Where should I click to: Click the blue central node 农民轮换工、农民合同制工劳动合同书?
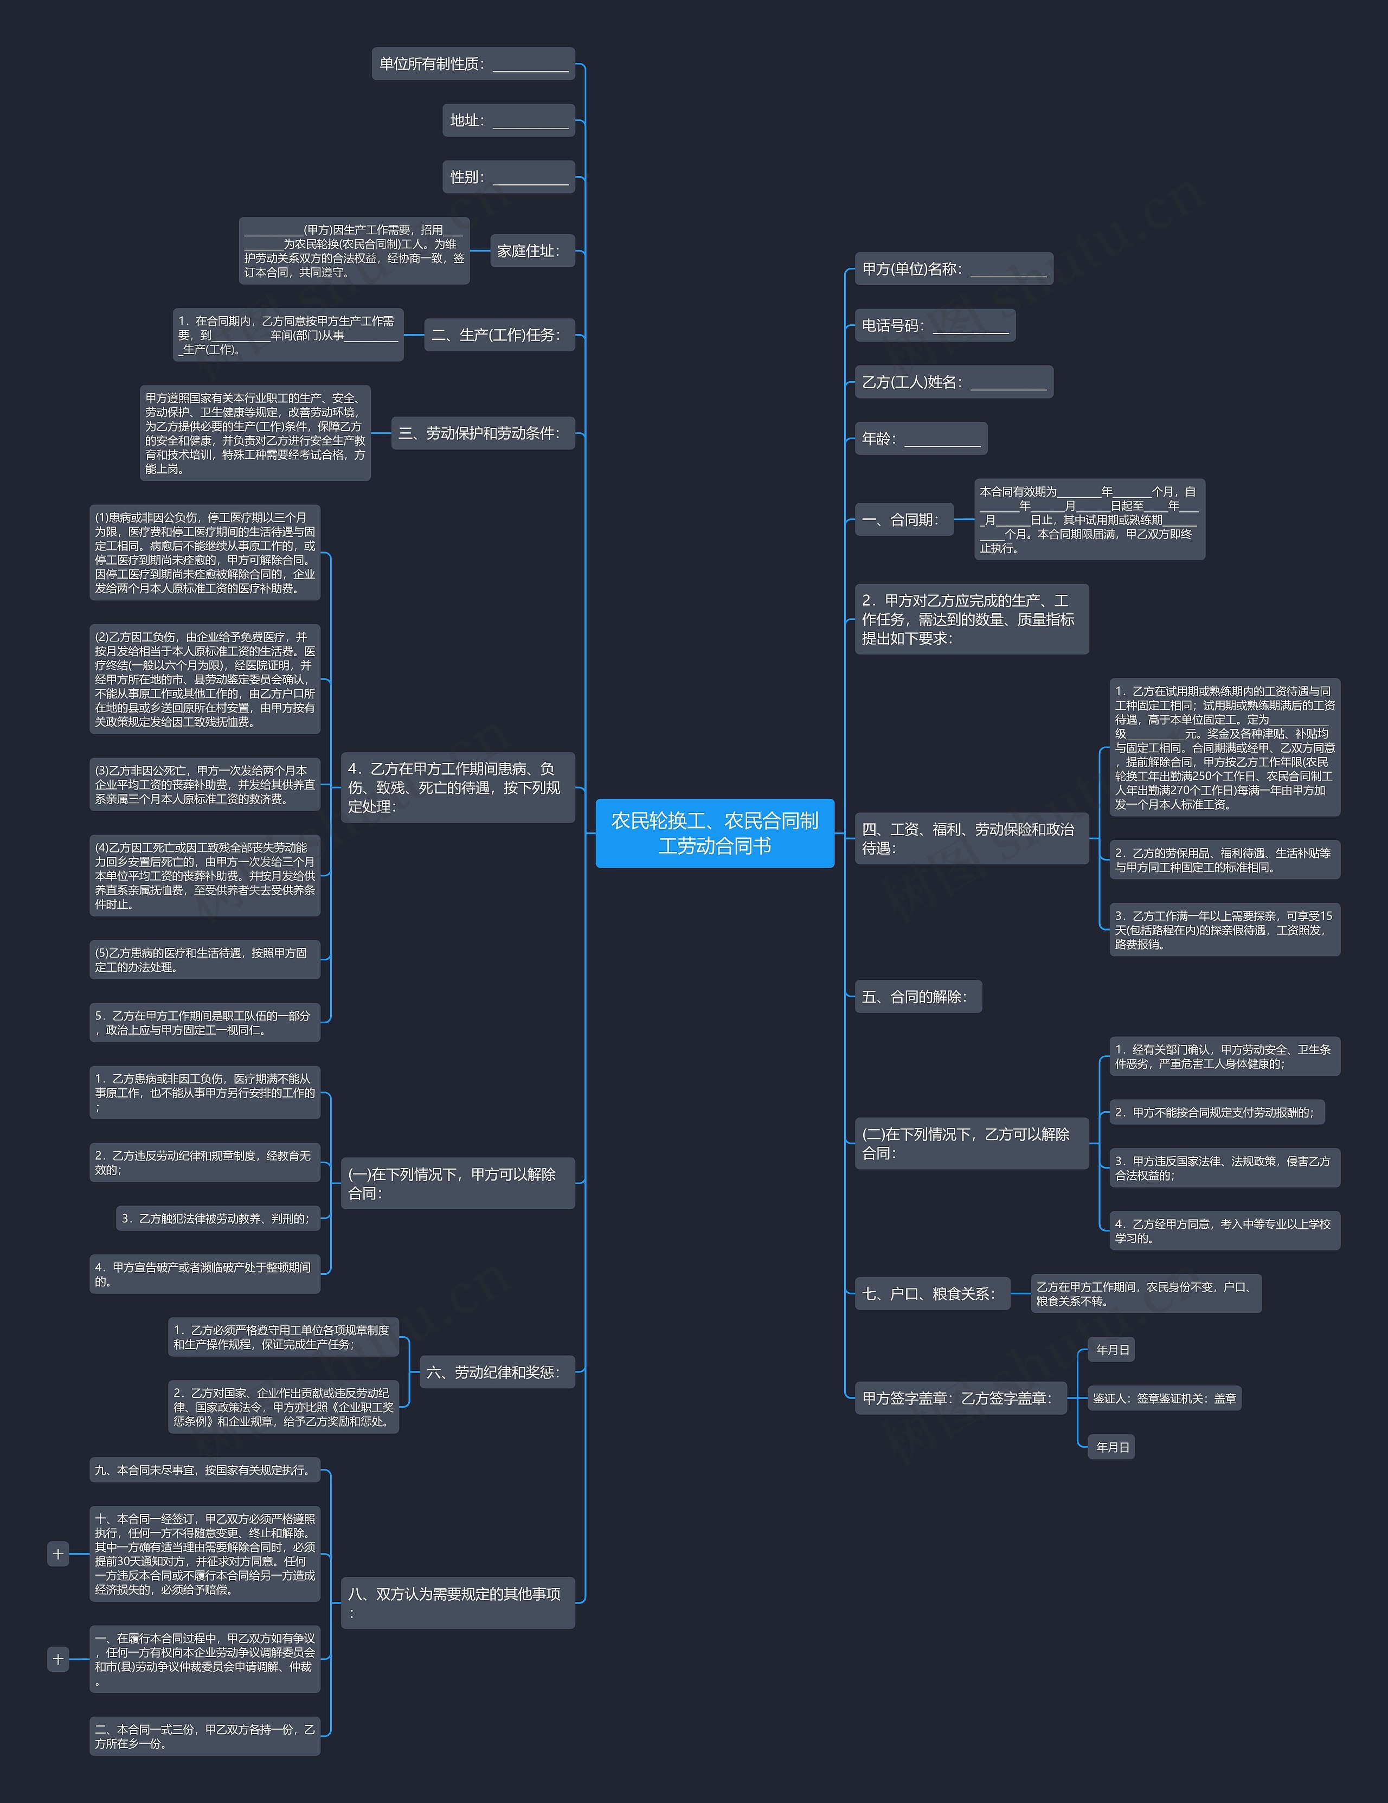tap(715, 833)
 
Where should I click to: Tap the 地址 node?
tap(509, 120)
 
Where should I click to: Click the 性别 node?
tap(509, 177)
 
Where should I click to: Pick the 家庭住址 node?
tap(532, 251)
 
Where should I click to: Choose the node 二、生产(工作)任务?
tap(499, 335)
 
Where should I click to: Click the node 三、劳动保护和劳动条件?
tap(483, 433)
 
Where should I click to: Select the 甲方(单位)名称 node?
tap(954, 269)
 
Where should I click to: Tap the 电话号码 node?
tap(935, 325)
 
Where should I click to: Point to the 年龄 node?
tap(921, 438)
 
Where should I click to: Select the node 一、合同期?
tap(904, 520)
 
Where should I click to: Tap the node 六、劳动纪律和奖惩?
tap(497, 1372)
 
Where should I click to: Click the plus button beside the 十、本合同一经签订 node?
tap(58, 1554)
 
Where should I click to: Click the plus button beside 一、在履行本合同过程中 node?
tap(58, 1659)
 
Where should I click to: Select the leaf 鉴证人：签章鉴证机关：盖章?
tap(1165, 1398)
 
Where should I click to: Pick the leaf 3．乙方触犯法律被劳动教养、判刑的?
tap(218, 1218)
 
